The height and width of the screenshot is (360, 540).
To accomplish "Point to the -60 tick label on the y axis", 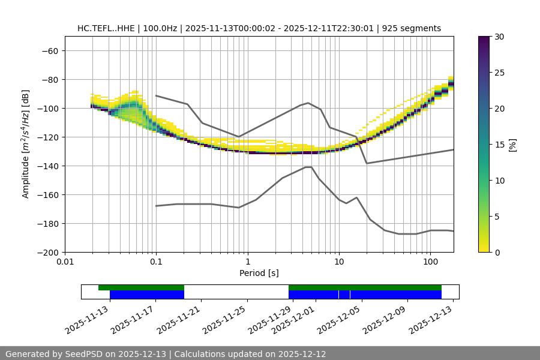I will [x=49, y=50].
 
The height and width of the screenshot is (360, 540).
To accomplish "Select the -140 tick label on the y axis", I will [x=47, y=166].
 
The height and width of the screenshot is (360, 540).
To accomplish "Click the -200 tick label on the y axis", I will [x=47, y=252].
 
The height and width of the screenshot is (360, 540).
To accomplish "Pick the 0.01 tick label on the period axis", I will [x=65, y=262].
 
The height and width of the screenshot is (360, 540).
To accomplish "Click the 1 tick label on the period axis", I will [x=247, y=262].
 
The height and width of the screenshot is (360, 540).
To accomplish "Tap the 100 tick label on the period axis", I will [x=430, y=262].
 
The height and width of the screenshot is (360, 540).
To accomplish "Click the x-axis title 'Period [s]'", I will [x=259, y=273].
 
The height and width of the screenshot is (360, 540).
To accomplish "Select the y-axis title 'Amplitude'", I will [x=26, y=144].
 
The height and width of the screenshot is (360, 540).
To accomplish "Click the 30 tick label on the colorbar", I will [x=499, y=37].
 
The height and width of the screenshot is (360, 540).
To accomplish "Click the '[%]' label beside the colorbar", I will [x=512, y=144].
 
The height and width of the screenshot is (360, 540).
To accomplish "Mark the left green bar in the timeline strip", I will [x=141, y=287].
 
